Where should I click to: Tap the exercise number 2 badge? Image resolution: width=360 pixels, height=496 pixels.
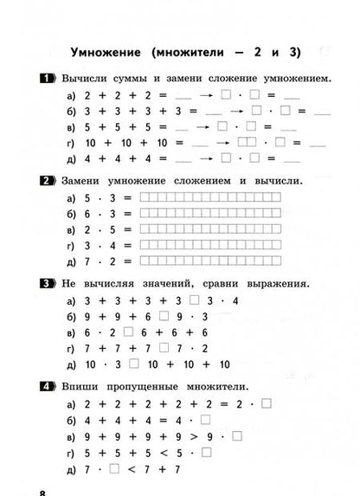coord(48,181)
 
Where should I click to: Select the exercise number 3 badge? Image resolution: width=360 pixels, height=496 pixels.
coord(48,283)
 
